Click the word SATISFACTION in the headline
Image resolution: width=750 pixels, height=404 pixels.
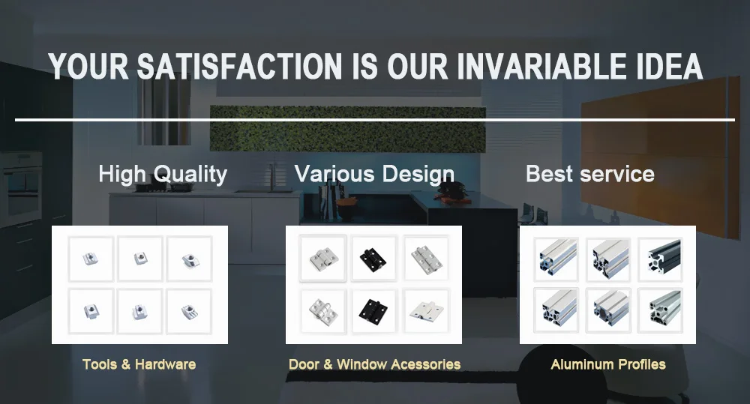coord(240,66)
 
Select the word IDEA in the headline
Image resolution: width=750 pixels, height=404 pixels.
coord(670,66)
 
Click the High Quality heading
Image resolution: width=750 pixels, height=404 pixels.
coord(163,175)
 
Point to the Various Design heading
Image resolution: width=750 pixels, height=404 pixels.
coord(374,175)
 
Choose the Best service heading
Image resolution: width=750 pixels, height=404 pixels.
coord(589,174)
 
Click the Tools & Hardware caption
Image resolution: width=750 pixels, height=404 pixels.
coord(139,364)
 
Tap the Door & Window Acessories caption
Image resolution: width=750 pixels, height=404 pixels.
coord(374,364)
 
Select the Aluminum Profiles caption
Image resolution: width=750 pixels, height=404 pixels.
coord(608,364)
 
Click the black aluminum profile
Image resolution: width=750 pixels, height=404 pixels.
coord(664,258)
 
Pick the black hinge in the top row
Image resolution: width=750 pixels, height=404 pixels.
coord(373,259)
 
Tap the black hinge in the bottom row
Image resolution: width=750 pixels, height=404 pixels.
coord(373,311)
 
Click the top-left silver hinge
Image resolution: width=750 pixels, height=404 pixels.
coord(323,259)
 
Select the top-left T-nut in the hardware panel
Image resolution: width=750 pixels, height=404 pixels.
coord(91,259)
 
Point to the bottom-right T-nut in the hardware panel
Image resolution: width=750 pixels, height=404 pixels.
coord(190,312)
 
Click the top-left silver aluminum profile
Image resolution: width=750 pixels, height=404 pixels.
coord(556,258)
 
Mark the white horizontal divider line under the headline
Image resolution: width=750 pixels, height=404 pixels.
coord(375,119)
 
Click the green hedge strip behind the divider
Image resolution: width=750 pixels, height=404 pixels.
coord(348,129)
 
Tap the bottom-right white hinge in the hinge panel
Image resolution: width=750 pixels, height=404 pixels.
coord(426,312)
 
